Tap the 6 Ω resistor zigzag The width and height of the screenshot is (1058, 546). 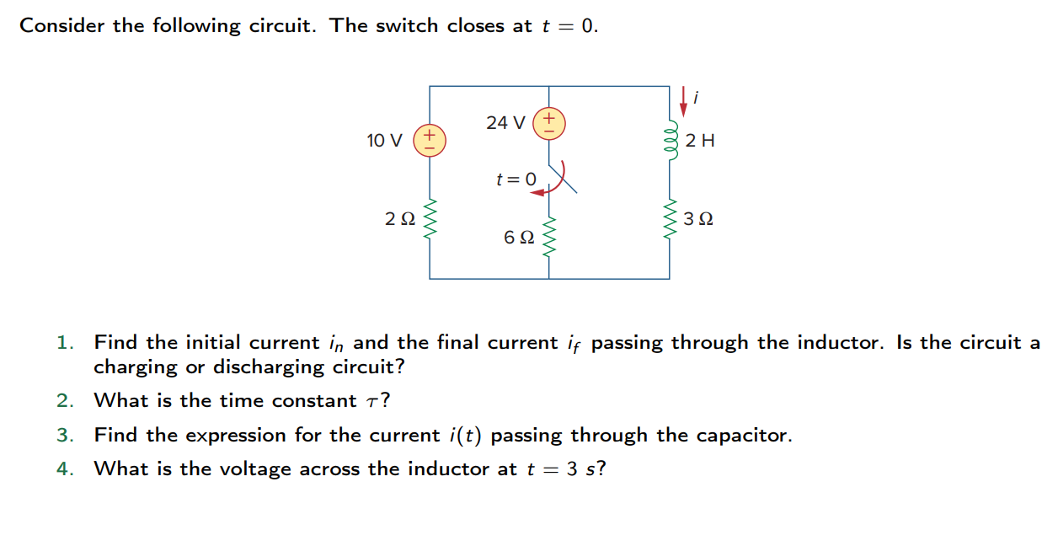click(x=549, y=237)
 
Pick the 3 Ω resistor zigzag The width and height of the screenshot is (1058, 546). click(x=671, y=220)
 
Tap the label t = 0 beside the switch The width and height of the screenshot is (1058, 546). click(x=516, y=179)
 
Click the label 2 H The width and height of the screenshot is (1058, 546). click(x=700, y=141)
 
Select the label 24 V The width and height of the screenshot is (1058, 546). click(x=505, y=123)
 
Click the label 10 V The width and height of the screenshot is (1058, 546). click(x=385, y=140)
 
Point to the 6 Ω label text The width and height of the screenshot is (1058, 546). click(x=518, y=238)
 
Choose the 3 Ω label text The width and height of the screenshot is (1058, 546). click(x=699, y=220)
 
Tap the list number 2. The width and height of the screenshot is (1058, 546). click(x=65, y=401)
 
